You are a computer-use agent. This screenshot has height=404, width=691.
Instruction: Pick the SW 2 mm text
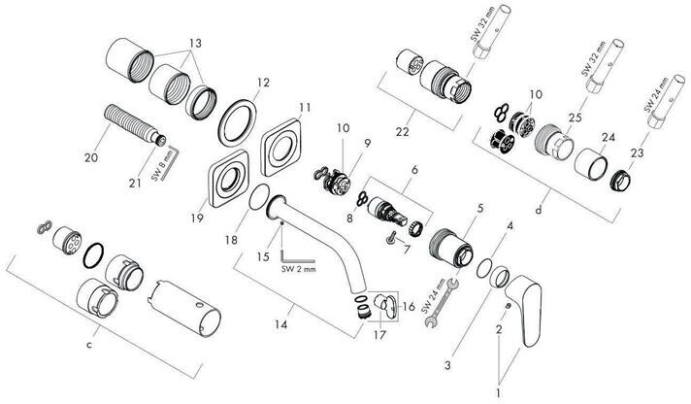click(x=303, y=256)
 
